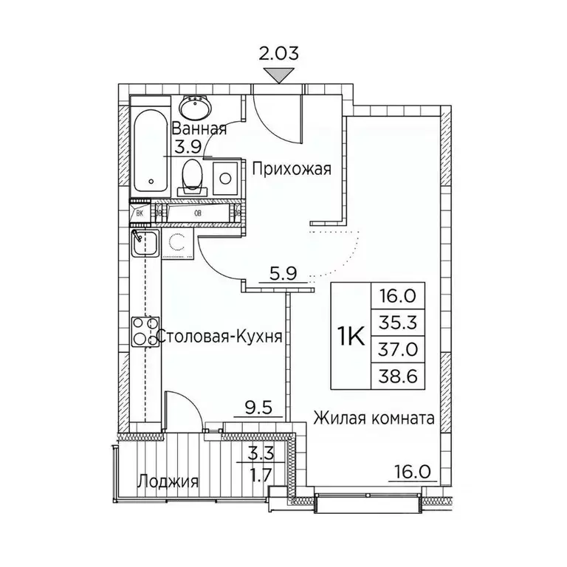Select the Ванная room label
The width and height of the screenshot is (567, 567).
[199, 128]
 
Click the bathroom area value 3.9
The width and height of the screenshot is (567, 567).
[188, 145]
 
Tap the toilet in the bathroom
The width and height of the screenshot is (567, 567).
[193, 174]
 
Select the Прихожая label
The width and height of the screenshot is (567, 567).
[289, 169]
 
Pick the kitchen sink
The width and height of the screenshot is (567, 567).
[145, 242]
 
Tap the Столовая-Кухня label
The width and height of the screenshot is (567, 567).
[221, 337]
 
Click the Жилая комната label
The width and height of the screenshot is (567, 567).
[372, 419]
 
